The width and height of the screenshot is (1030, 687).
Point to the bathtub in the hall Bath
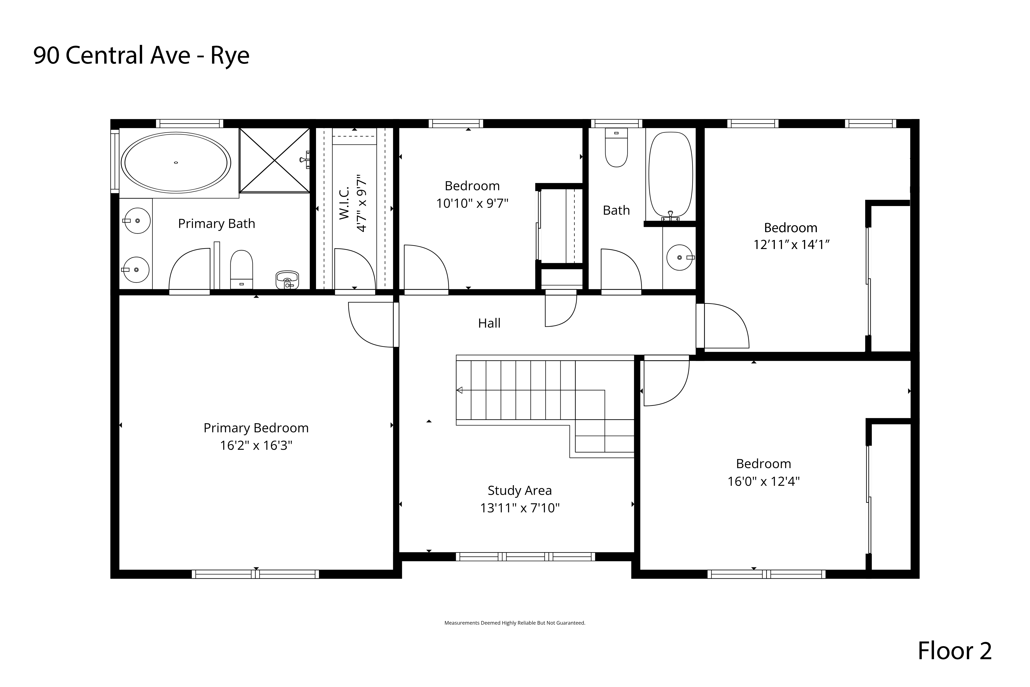[670, 175]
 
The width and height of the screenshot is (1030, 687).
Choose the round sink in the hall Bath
[680, 257]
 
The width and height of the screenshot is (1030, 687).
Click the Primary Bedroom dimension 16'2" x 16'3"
[256, 446]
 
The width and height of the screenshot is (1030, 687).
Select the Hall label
[489, 323]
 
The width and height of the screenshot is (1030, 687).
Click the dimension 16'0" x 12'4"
[764, 482]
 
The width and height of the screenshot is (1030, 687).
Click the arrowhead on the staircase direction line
[459, 390]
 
